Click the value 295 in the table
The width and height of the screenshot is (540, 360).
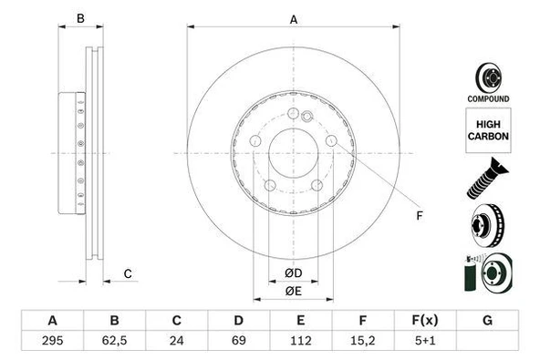click(52, 343)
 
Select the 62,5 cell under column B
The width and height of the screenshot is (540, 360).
click(115, 343)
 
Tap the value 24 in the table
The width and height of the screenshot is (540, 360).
click(177, 343)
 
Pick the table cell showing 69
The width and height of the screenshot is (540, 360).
click(238, 343)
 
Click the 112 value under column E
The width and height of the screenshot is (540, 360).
click(300, 343)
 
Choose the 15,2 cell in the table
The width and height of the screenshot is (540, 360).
click(362, 343)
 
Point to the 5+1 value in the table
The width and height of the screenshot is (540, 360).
click(424, 343)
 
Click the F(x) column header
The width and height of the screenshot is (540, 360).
click(424, 321)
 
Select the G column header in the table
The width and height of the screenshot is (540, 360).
click(487, 321)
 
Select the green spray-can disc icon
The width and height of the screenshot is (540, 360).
click(490, 274)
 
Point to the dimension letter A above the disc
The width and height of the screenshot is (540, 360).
click(294, 18)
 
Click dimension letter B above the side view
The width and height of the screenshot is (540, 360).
click(80, 18)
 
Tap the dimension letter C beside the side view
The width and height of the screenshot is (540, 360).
click(128, 273)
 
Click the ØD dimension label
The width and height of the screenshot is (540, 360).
click(293, 273)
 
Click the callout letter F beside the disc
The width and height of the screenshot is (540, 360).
click(420, 215)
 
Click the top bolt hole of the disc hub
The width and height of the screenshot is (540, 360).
click(293, 114)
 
